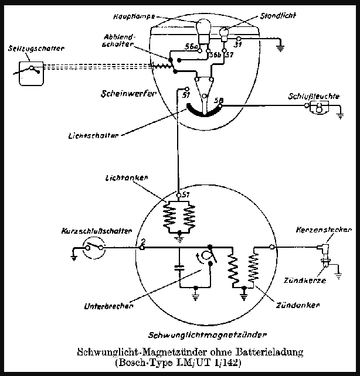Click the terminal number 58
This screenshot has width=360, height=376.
point(219,101)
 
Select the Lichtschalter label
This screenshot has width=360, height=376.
point(94,135)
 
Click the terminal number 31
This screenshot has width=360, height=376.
point(238,43)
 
